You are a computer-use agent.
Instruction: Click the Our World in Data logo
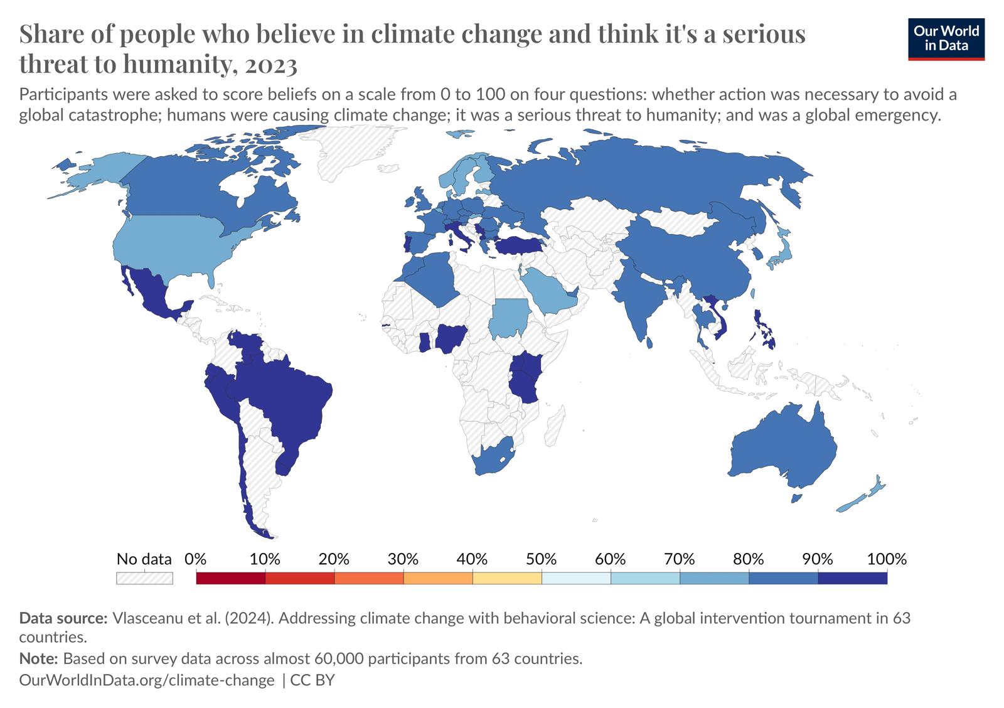tap(946, 39)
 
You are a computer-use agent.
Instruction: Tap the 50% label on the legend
tap(541, 559)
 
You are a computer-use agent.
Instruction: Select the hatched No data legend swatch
tap(144, 578)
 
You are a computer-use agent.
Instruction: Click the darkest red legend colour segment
tap(231, 578)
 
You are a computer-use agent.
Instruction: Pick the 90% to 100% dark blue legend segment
tap(852, 578)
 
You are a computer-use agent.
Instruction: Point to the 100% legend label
tap(886, 559)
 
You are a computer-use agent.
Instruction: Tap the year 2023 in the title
tap(271, 64)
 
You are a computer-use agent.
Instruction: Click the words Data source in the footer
tap(63, 618)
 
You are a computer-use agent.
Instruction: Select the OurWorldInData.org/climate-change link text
tap(147, 680)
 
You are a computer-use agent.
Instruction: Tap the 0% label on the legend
tap(196, 559)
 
